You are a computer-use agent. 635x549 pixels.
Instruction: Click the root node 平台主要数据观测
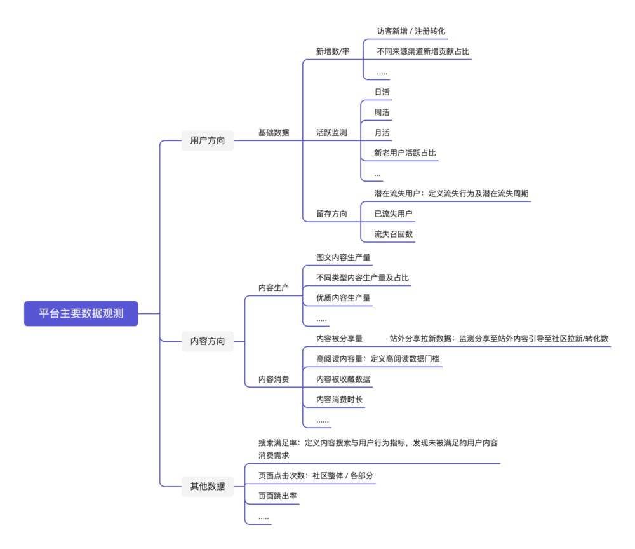81,313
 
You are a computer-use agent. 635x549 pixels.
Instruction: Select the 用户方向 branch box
208,140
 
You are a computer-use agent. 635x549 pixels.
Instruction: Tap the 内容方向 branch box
208,341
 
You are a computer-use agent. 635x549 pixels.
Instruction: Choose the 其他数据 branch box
208,486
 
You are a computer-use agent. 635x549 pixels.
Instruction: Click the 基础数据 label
274,133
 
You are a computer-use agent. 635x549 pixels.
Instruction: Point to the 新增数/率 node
333,51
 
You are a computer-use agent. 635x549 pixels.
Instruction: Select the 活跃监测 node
331,133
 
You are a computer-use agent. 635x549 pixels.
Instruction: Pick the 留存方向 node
331,213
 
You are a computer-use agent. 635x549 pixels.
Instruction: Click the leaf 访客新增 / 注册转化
411,31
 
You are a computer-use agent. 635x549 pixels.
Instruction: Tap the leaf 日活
382,92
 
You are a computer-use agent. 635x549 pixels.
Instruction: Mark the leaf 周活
382,112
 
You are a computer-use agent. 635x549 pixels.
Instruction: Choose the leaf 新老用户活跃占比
405,152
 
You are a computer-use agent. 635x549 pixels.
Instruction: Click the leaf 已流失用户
393,213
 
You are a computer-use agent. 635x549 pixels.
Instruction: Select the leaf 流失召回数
393,234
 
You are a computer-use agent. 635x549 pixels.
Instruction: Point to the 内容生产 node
274,288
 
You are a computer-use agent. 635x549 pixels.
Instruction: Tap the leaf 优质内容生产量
344,298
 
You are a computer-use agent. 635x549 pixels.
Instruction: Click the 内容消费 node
274,379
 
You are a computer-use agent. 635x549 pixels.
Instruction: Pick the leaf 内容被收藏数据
344,379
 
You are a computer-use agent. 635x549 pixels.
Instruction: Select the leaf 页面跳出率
278,496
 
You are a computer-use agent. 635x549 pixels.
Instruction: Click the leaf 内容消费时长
339,399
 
